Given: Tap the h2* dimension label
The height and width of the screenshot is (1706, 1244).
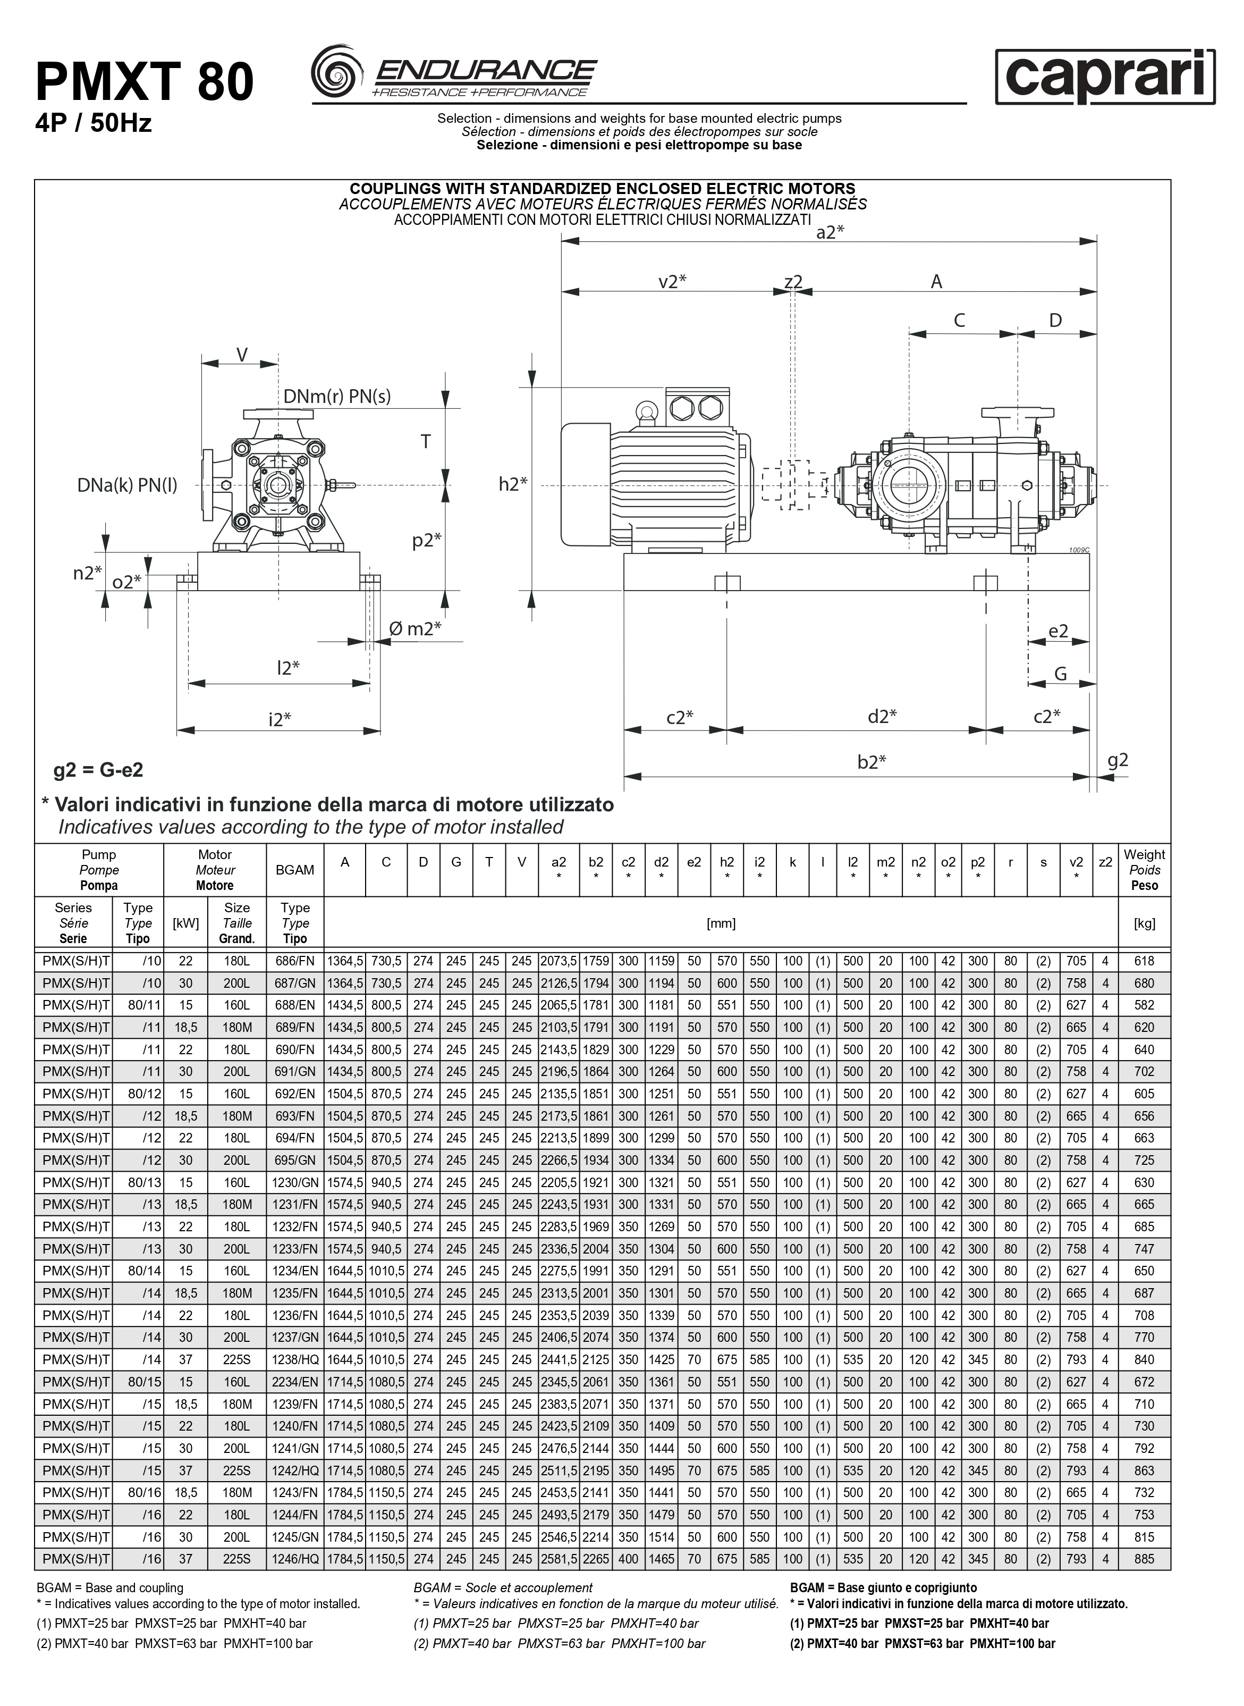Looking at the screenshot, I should click(513, 484).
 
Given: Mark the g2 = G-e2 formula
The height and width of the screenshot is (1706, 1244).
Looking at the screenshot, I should click(98, 770).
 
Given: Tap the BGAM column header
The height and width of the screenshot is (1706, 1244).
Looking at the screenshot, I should click(294, 870).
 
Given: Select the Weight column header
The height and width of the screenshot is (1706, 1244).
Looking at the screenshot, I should click(1144, 870).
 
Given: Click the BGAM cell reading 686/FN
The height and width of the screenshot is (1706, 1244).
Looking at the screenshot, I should click(294, 961).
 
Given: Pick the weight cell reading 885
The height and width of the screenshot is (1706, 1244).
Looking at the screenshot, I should click(1144, 1559).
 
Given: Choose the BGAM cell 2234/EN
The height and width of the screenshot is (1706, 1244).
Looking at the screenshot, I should click(294, 1382).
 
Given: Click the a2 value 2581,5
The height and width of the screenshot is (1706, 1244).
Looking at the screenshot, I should click(558, 1559).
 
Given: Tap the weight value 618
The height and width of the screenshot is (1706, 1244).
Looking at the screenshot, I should click(1144, 961).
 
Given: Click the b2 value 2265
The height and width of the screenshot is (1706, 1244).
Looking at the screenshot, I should click(596, 1559).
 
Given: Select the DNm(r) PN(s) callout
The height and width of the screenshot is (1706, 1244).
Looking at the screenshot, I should click(336, 396).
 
